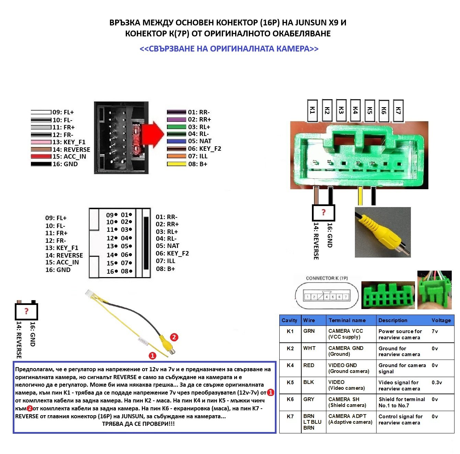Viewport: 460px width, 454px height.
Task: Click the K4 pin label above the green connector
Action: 355,111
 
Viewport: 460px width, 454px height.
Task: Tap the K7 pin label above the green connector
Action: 398,111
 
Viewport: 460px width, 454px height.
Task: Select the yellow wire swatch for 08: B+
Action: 177,164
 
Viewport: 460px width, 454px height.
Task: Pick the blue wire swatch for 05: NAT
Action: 177,141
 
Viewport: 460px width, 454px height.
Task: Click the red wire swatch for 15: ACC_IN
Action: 41,156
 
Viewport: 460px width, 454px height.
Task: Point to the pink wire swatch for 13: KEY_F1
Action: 41,142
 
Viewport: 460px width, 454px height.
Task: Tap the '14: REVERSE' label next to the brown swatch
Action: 71,149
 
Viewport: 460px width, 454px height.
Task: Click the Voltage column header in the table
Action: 441,320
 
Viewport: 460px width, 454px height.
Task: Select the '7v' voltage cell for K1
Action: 435,331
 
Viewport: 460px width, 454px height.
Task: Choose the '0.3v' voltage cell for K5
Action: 437,382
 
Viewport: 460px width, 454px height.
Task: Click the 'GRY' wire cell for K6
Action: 308,399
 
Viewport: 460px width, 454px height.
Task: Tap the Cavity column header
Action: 289,320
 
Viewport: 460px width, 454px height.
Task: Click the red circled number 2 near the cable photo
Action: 174,337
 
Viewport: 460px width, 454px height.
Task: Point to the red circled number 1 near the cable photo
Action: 152,356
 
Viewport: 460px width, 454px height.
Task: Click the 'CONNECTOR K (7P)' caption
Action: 327,278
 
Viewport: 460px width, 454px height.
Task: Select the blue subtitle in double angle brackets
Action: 229,48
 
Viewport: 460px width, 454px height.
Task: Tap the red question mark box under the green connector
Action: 323,213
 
